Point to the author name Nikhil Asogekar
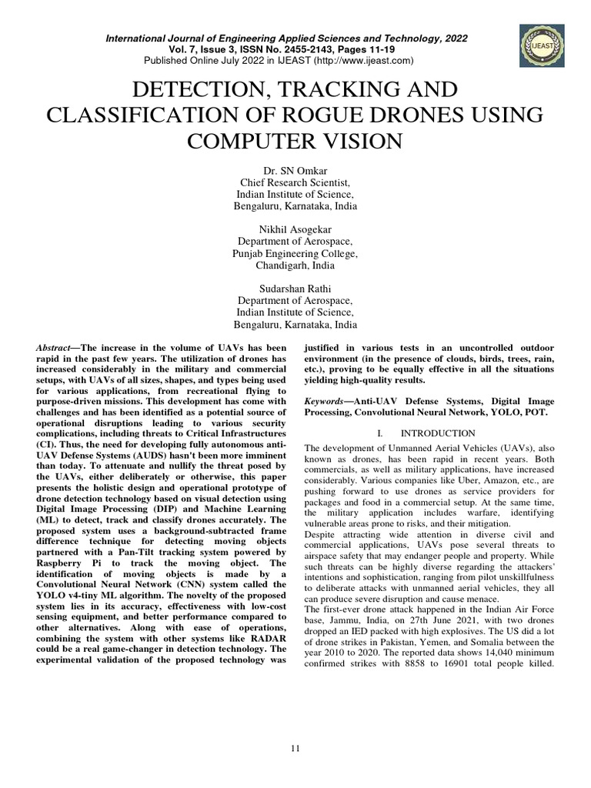[295, 229]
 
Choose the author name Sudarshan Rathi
[295, 288]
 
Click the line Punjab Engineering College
[295, 252]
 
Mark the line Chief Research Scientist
[295, 182]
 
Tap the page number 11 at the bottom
[295, 747]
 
